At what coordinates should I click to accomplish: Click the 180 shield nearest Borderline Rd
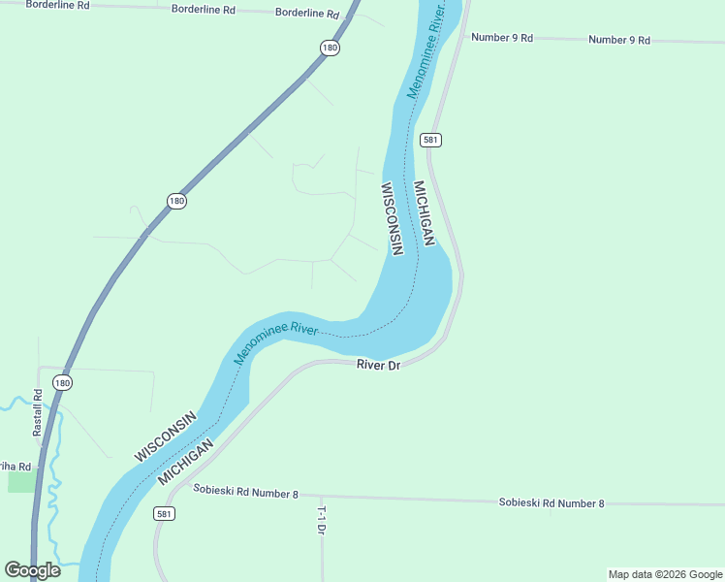[x=331, y=48]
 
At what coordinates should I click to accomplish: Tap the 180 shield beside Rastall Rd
[x=62, y=382]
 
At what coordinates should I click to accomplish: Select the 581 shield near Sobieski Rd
[x=164, y=513]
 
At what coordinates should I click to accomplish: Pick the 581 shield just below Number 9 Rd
[x=431, y=140]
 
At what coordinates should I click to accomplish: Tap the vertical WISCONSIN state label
[x=391, y=219]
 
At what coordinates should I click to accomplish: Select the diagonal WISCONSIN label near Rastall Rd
[x=165, y=436]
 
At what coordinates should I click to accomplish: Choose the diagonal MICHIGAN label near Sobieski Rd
[x=185, y=467]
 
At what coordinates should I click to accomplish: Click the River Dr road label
[x=378, y=365]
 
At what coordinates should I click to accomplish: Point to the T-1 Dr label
[x=321, y=521]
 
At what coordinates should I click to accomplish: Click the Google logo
[x=32, y=570]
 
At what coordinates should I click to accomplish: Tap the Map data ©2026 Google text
[x=665, y=574]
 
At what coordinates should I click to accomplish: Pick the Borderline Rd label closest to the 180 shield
[x=307, y=14]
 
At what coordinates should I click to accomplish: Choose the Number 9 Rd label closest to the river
[x=502, y=38]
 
